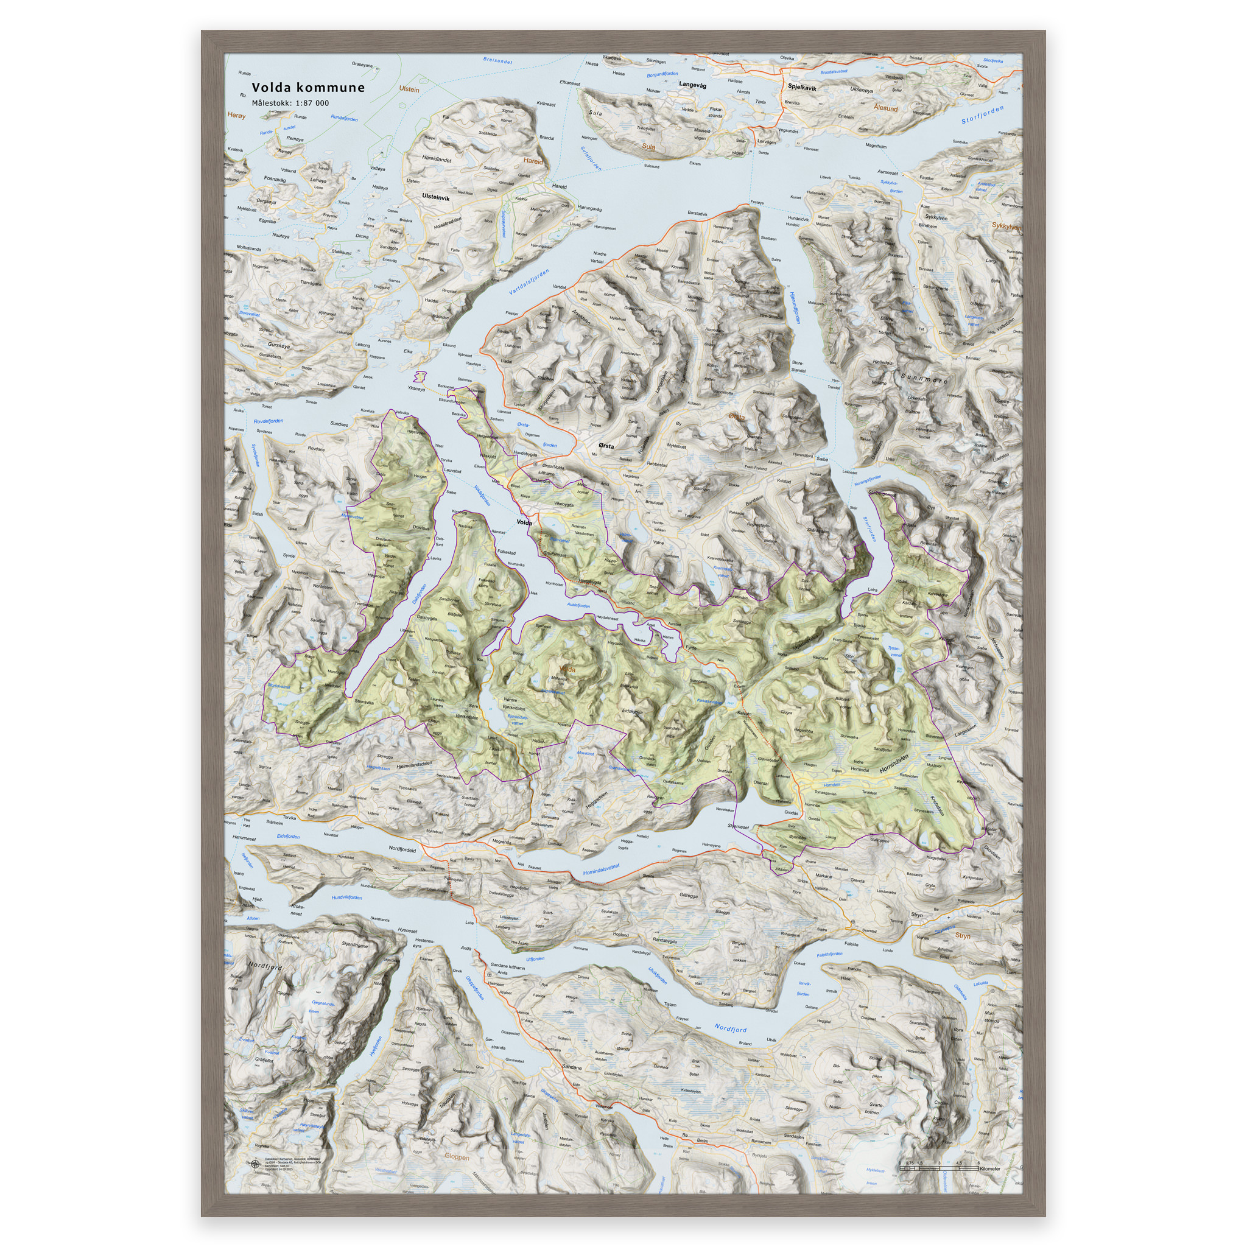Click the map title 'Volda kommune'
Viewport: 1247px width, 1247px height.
(x=308, y=88)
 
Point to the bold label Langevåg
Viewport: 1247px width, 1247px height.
(x=692, y=85)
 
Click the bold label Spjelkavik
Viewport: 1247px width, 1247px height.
(x=802, y=87)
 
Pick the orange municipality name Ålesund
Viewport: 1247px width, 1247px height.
(x=885, y=108)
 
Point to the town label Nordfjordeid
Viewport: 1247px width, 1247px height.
(x=402, y=850)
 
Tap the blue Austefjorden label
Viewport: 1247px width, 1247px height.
(x=578, y=605)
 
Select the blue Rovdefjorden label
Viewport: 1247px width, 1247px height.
(x=268, y=421)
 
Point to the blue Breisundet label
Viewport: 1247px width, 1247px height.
(x=497, y=61)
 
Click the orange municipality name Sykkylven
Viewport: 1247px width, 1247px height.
(x=1006, y=227)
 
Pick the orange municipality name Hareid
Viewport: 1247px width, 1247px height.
(x=533, y=161)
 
